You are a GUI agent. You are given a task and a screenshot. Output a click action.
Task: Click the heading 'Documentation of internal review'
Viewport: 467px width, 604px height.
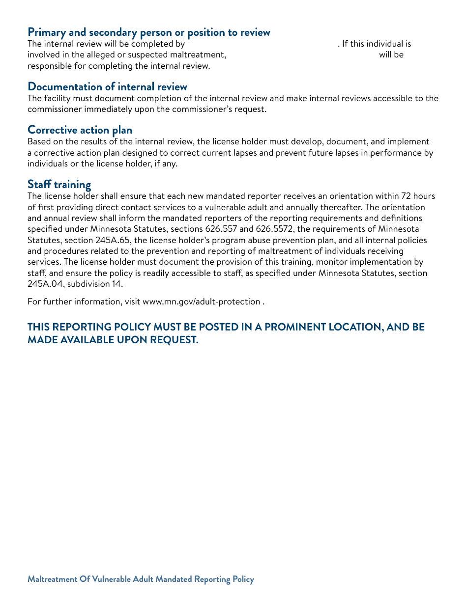click(x=107, y=87)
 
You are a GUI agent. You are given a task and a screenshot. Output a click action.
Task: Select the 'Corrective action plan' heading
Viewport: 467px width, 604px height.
click(x=80, y=130)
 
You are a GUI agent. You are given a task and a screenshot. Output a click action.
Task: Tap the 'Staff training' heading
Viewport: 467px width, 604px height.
click(x=59, y=185)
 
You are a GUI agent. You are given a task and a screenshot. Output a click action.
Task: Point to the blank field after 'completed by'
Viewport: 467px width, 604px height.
click(x=261, y=44)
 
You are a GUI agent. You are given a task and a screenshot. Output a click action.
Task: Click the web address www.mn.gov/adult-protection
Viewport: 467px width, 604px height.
click(x=201, y=302)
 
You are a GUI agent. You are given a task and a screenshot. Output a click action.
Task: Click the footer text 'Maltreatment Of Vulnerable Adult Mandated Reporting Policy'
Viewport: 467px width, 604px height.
click(x=141, y=579)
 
